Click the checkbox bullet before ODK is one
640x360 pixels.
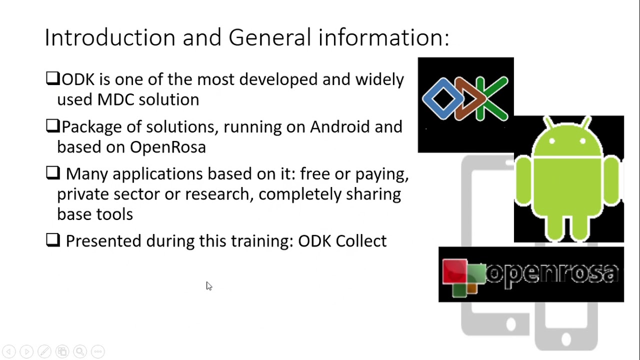coord(52,78)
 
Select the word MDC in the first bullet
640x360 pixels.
coord(116,99)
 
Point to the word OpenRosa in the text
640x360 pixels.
coord(167,147)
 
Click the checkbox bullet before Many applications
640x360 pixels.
coord(52,173)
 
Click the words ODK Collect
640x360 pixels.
coord(342,241)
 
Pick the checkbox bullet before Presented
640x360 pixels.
coord(52,240)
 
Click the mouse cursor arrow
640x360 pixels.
coord(208,285)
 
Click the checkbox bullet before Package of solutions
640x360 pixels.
coord(52,126)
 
